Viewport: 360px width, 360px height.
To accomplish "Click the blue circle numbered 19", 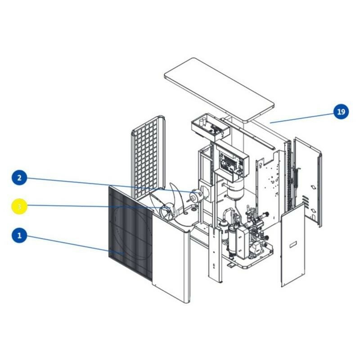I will click(342, 111).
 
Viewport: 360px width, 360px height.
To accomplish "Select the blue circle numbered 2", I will click(19, 178).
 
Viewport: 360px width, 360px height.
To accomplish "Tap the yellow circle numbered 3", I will click(19, 207).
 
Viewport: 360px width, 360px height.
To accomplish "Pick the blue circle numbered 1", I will click(19, 235).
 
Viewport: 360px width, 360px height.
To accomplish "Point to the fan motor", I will click(196, 195).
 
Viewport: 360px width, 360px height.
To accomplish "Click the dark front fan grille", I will click(130, 234).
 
